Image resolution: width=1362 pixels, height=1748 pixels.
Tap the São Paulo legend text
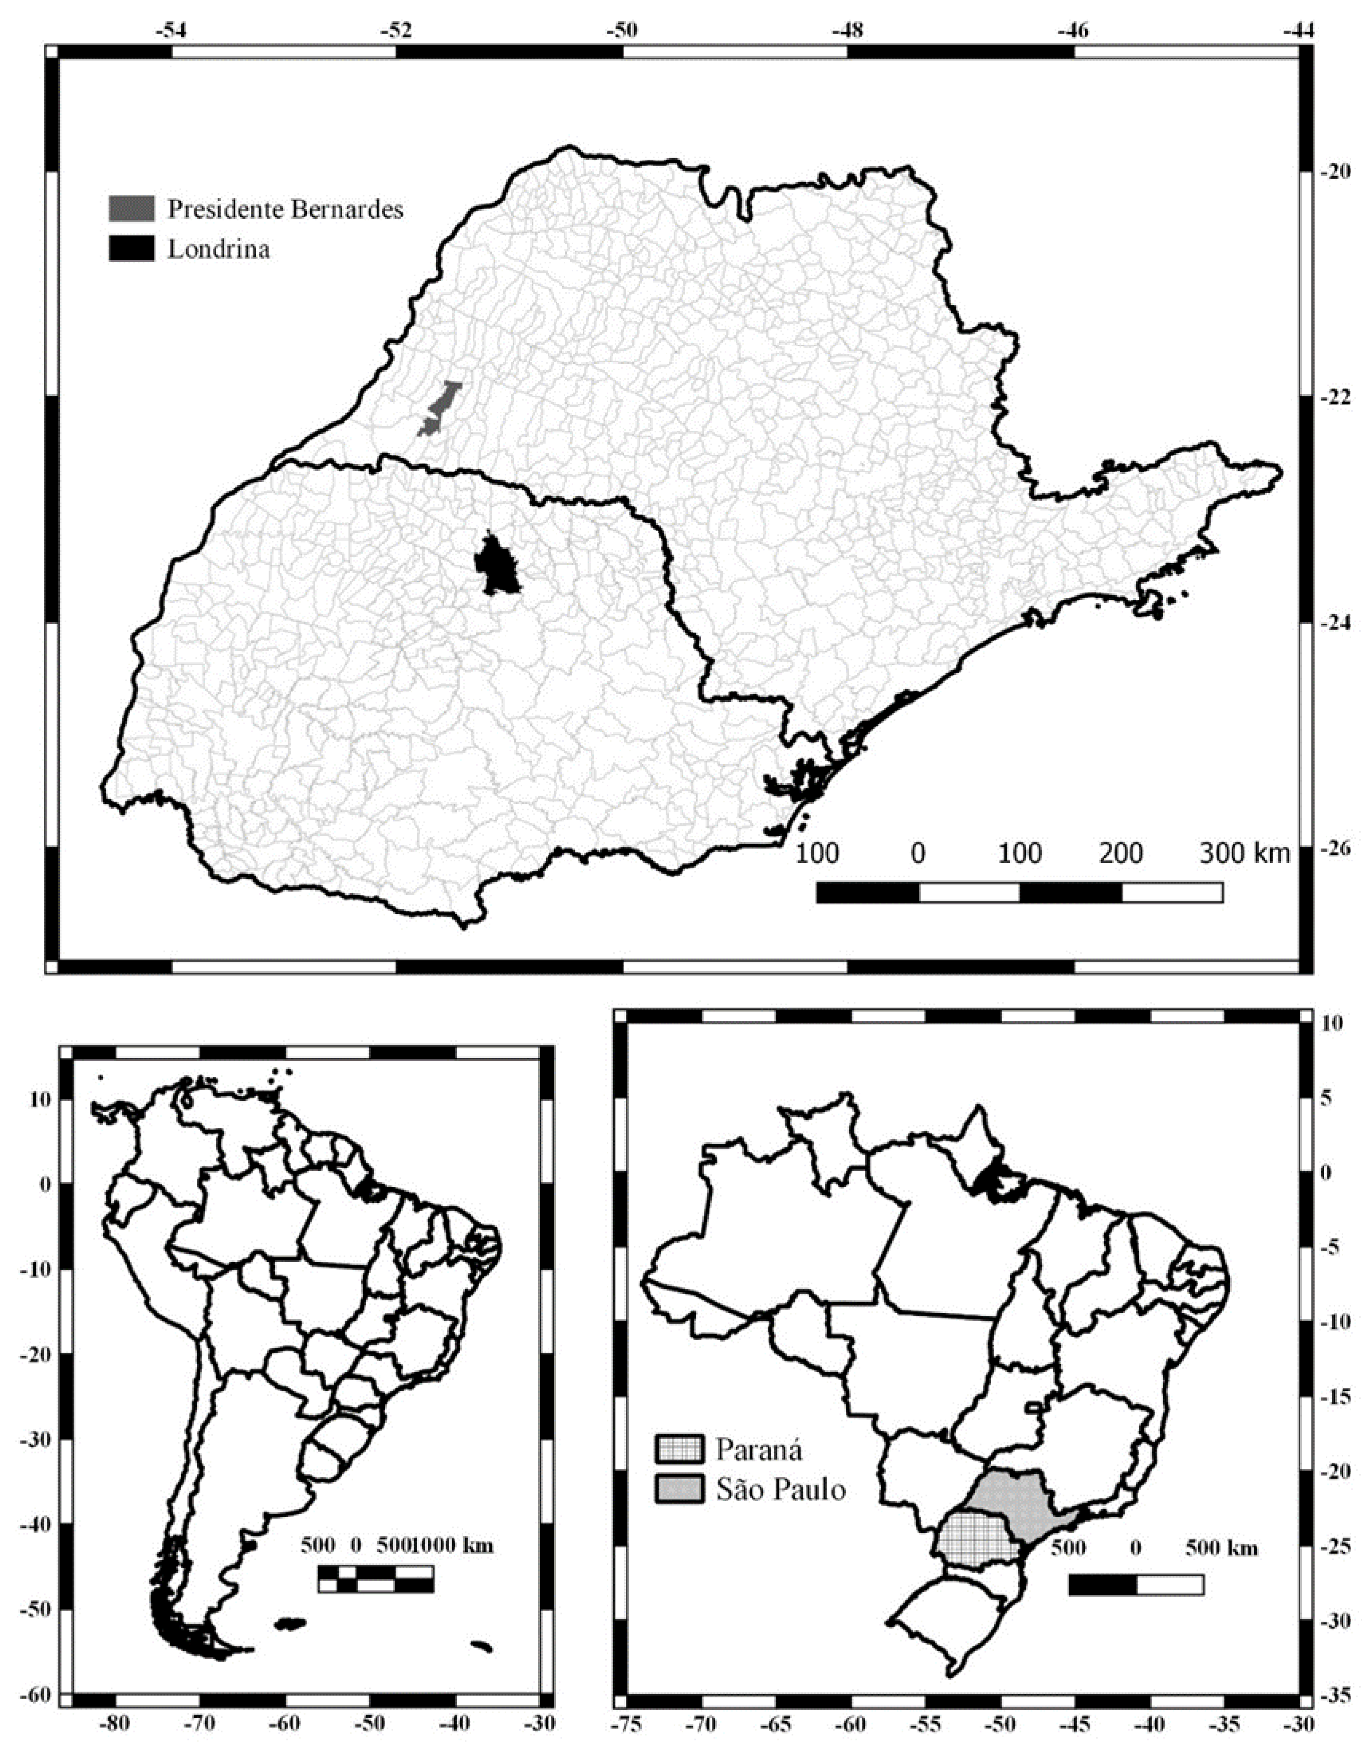tap(780, 1489)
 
